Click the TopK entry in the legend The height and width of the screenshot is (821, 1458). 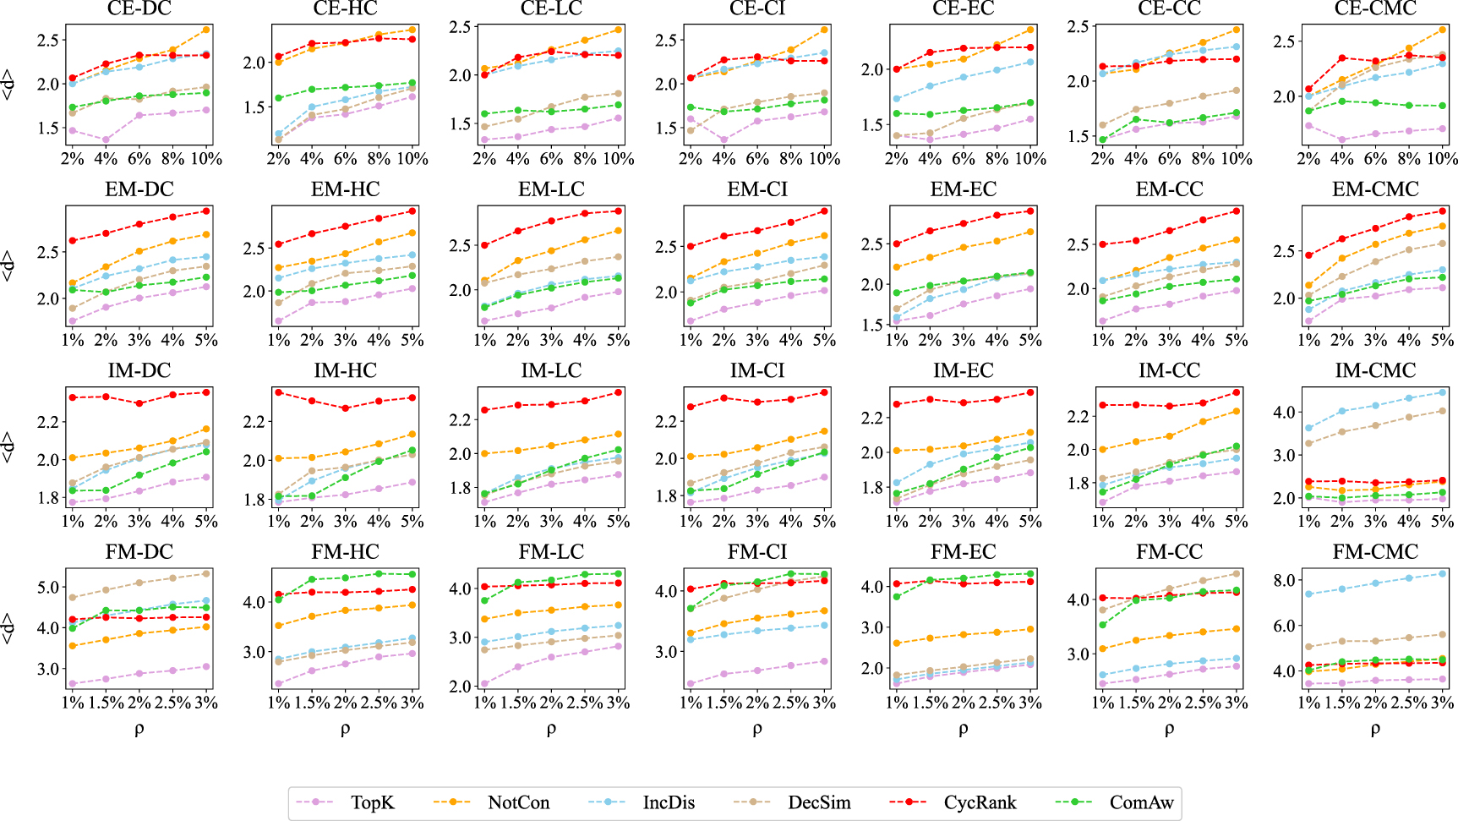(x=372, y=802)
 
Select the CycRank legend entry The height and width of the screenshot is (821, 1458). (x=979, y=802)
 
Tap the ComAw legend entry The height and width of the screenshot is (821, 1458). (x=1140, y=802)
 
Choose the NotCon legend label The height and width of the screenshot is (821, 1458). (x=517, y=802)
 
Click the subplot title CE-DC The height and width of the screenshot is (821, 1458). (x=139, y=9)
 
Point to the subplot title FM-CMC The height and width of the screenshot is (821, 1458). (x=1375, y=552)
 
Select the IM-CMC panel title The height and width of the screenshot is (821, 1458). (x=1375, y=370)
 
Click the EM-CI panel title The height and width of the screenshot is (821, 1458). (x=757, y=189)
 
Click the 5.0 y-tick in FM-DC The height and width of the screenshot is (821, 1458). (x=48, y=587)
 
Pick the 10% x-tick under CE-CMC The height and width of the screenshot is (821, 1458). (x=1442, y=158)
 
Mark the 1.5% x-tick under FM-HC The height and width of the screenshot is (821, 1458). (x=312, y=703)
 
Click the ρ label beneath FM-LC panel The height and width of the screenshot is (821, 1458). (x=551, y=729)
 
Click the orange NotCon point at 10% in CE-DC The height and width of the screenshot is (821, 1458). (x=206, y=30)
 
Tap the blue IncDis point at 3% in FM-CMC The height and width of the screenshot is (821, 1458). (x=1442, y=573)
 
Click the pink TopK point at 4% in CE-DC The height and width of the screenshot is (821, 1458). (x=106, y=140)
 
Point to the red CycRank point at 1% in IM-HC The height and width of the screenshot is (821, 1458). (x=278, y=392)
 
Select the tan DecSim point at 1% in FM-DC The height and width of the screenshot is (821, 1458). (x=73, y=598)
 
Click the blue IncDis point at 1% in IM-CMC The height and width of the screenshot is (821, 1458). (x=1308, y=428)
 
